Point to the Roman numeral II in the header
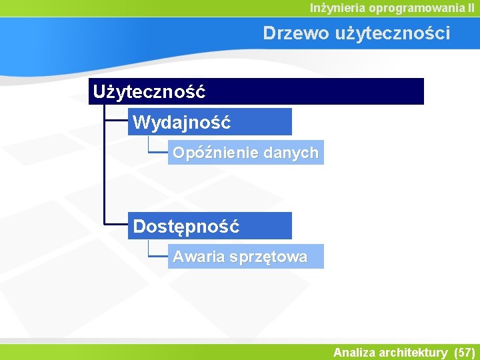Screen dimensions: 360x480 (471, 8)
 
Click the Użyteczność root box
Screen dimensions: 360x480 (256, 91)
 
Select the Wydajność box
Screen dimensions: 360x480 (209, 122)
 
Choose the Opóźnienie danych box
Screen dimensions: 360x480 (245, 153)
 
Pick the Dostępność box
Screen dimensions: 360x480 (209, 226)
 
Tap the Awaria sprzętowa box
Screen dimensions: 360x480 (245, 257)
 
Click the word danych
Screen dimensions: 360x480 (291, 153)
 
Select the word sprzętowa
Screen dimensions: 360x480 (269, 257)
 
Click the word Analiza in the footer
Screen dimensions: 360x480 (354, 352)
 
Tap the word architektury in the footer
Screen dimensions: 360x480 (413, 352)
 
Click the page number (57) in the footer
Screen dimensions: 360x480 (464, 352)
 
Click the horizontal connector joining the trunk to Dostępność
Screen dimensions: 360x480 (116, 225)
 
